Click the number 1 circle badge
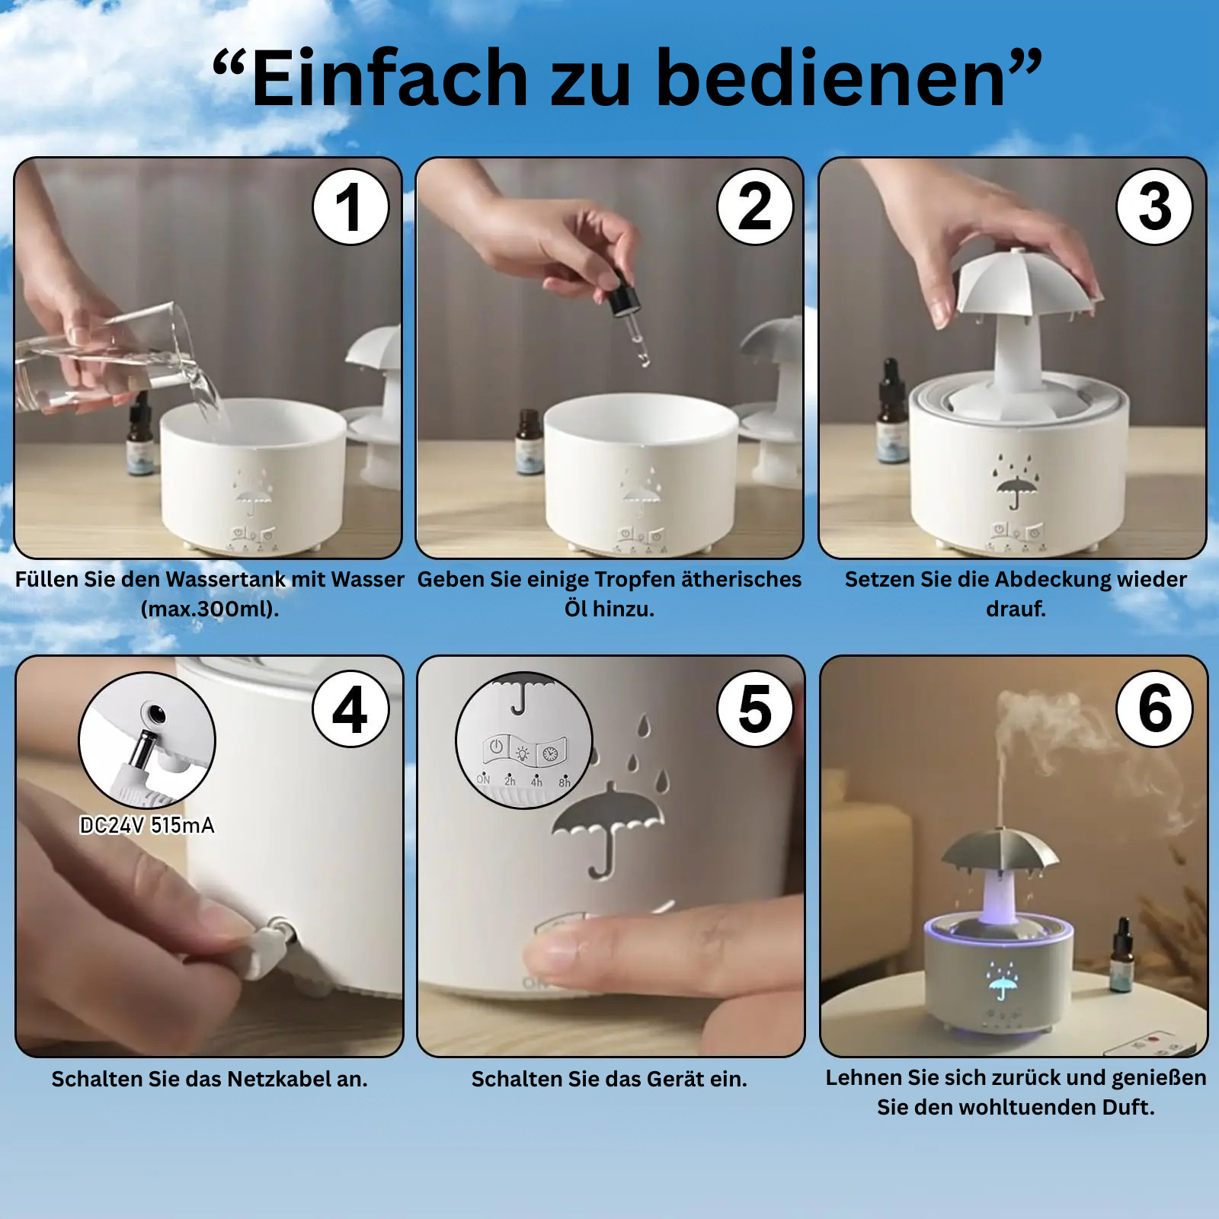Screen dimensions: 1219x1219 click(350, 206)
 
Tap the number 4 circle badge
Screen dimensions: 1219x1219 click(350, 709)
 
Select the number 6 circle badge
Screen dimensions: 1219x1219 click(1155, 709)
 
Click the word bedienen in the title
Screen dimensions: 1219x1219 click(830, 78)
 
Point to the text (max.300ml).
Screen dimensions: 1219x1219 click(210, 609)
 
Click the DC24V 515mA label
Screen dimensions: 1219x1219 click(147, 825)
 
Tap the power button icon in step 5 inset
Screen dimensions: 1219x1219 click(496, 747)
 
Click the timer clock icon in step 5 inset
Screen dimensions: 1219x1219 click(550, 754)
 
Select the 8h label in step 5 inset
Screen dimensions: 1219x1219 click(564, 782)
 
